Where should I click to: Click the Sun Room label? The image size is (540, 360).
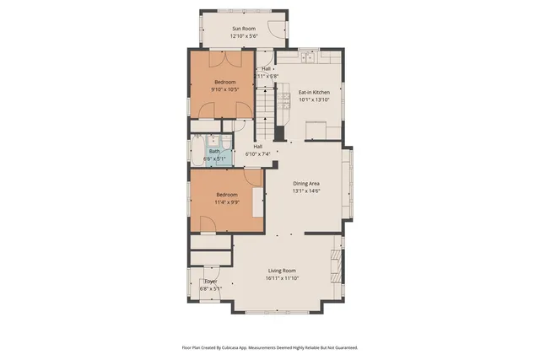click(244, 29)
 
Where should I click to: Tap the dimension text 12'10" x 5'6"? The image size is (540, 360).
click(244, 36)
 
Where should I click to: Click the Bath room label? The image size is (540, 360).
click(214, 151)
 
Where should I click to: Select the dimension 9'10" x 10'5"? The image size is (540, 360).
click(224, 89)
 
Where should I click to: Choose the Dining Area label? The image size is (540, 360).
click(305, 183)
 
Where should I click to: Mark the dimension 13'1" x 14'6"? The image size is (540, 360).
click(305, 191)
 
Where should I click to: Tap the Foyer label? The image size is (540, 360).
click(210, 282)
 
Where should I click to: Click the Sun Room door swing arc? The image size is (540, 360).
click(276, 26)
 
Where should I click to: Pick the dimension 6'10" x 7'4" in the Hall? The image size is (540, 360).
click(257, 154)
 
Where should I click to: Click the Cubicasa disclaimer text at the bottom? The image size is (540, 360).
click(270, 347)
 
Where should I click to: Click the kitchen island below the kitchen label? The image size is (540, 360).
click(316, 129)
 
